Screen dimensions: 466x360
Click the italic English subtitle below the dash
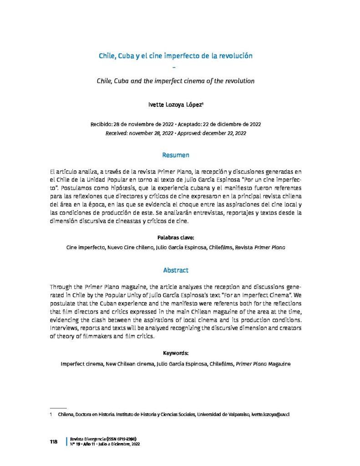click(x=175, y=81)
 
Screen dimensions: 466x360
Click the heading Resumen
click(x=175, y=156)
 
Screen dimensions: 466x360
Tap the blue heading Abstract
click(x=175, y=270)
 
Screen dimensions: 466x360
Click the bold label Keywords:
click(x=175, y=353)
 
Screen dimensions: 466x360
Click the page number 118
click(x=53, y=442)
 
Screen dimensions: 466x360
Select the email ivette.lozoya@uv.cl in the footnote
click(x=271, y=415)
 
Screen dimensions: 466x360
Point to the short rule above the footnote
click(x=58, y=408)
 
